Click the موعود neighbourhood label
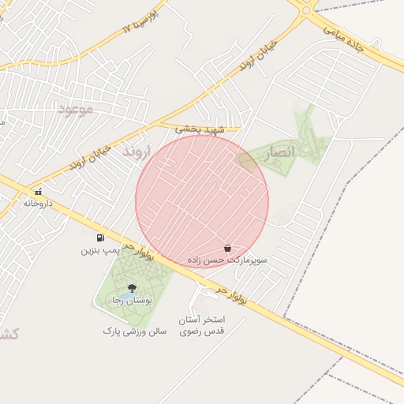[75, 109]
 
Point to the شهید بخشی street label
[200, 129]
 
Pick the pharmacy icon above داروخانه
[38, 192]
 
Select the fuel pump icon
[100, 238]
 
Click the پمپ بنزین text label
[100, 250]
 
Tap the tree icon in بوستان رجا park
[131, 289]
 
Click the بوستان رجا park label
[131, 301]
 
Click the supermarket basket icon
[227, 248]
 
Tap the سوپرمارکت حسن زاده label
[227, 259]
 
